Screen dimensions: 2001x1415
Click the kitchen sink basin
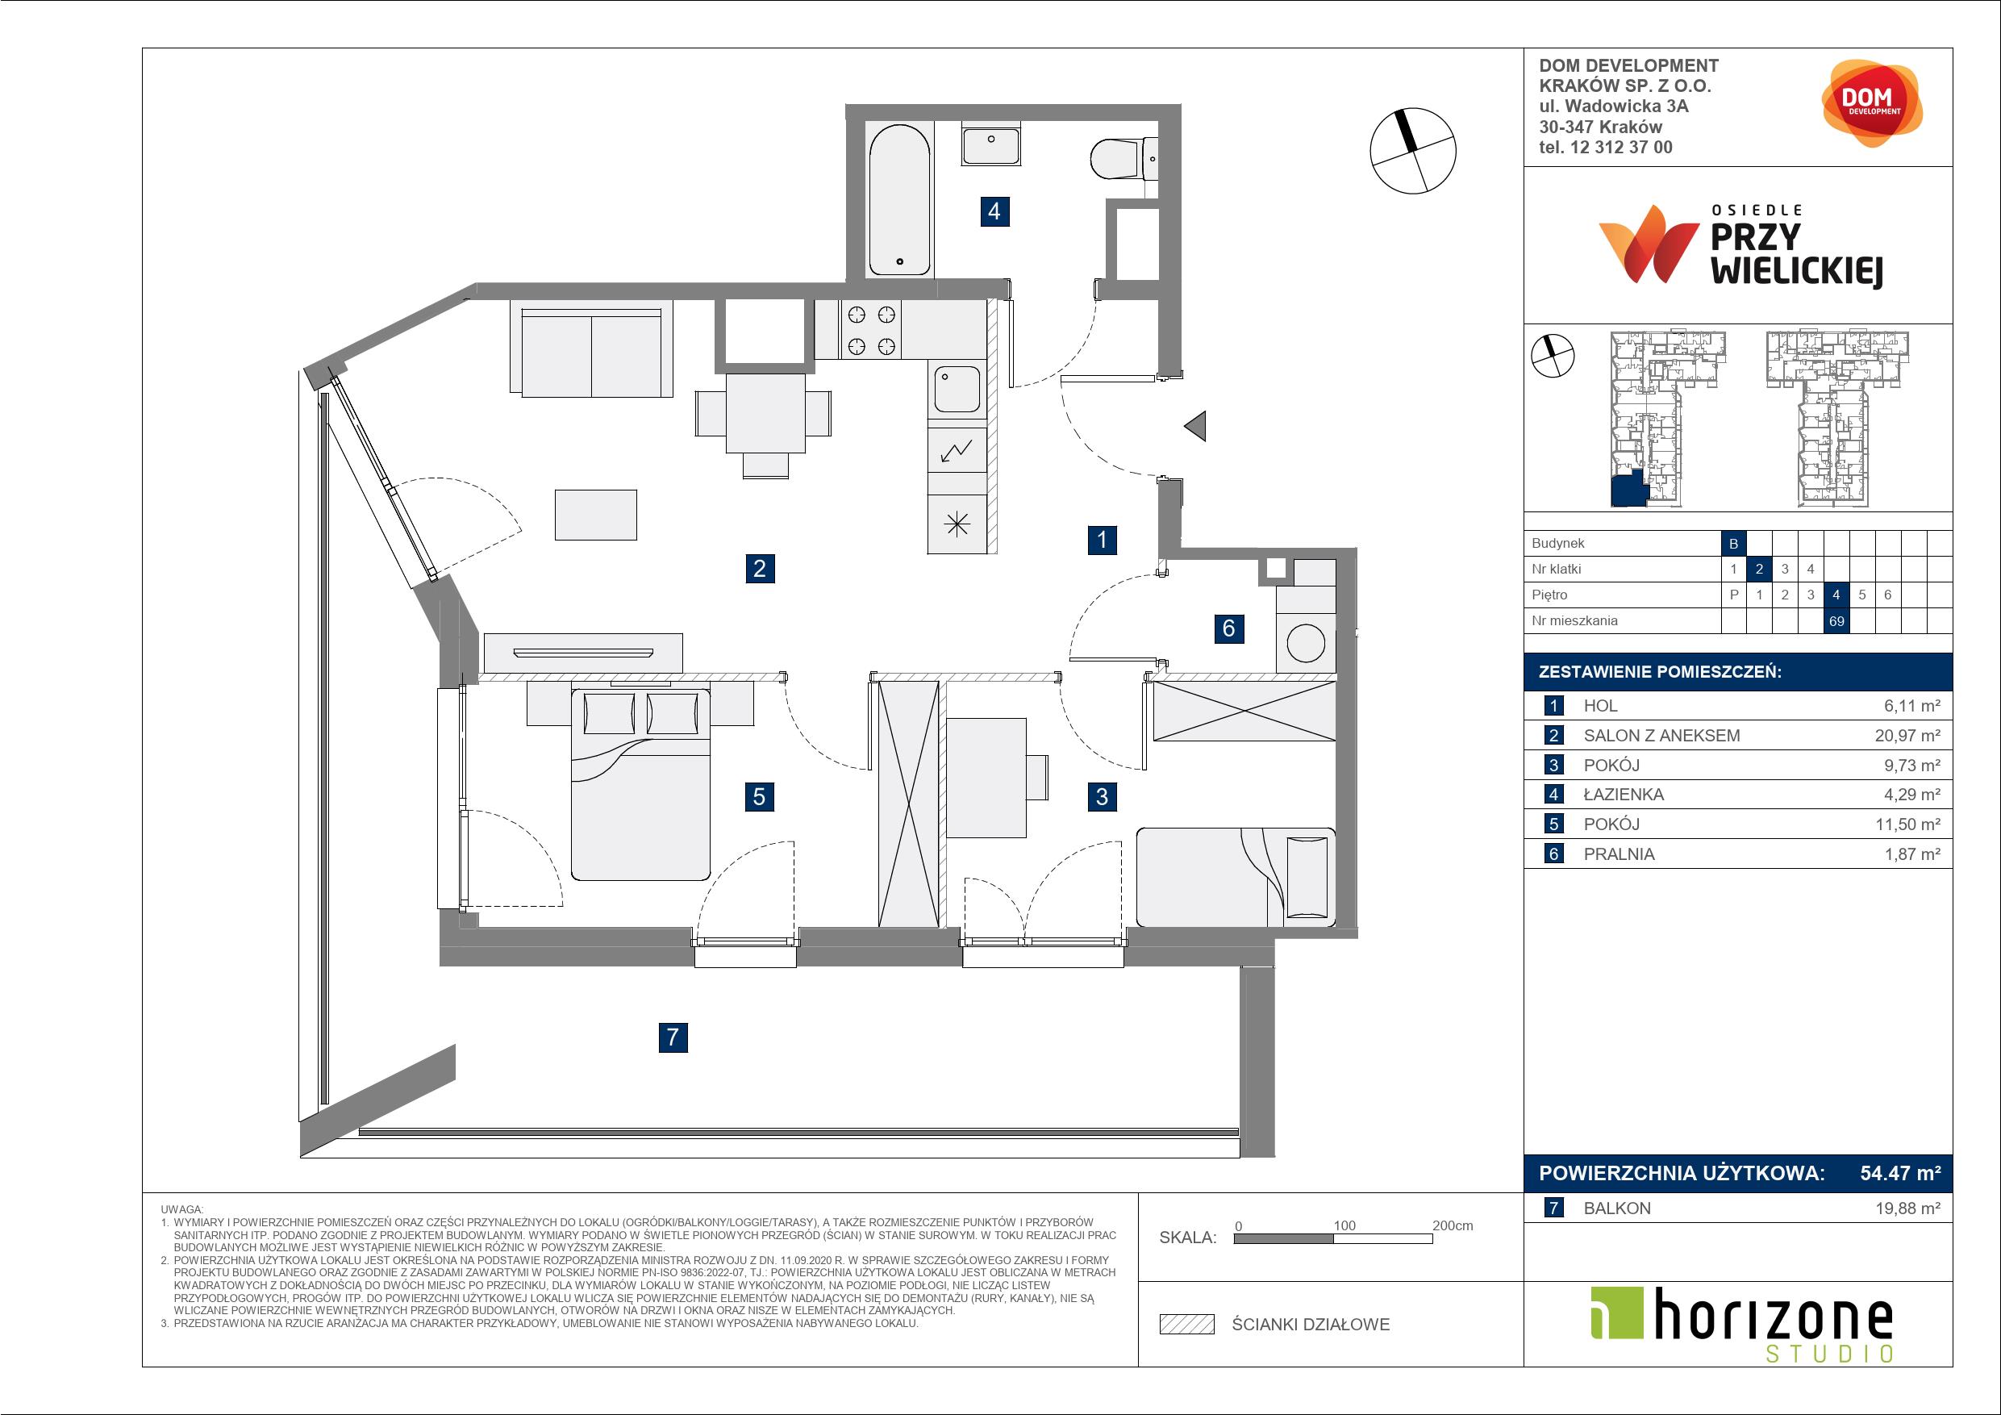click(957, 389)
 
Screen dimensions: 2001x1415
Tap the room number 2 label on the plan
click(759, 570)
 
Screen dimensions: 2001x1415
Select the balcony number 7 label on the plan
click(673, 1037)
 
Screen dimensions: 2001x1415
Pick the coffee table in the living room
click(596, 515)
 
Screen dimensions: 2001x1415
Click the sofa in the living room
click(591, 348)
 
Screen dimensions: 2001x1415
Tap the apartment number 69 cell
click(1836, 620)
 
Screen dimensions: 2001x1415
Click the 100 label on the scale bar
click(1344, 1225)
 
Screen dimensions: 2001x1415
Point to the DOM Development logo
click(1871, 103)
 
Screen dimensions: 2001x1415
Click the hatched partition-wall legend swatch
click(1187, 1325)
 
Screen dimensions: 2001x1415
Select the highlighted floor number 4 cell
click(1836, 595)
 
